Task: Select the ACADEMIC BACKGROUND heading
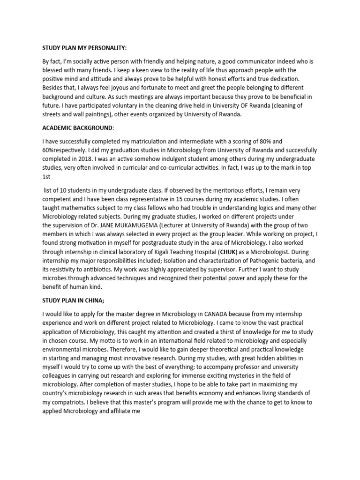[x=77, y=127]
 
